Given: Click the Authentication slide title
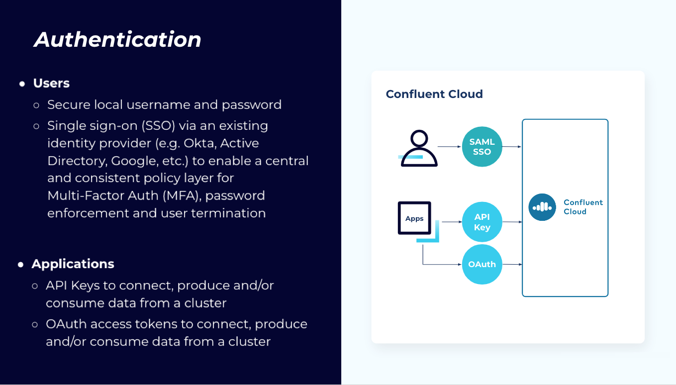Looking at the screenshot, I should (117, 40).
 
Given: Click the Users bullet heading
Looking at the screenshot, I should (51, 83).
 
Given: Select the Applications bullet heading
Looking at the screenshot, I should (73, 264).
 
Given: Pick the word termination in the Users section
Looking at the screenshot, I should (228, 213).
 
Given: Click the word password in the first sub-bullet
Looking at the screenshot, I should (252, 104).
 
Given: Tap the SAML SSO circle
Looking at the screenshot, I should (482, 147).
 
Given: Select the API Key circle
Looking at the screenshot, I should (482, 222).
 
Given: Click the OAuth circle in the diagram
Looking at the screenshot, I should (482, 264).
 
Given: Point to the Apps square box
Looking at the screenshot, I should (414, 218).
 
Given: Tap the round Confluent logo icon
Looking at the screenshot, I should (542, 207).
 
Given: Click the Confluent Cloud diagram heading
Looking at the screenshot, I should (434, 94).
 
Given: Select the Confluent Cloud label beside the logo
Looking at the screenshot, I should (582, 207).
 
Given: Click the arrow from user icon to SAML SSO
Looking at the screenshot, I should (449, 147).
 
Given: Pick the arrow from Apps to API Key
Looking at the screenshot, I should (452, 222).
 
